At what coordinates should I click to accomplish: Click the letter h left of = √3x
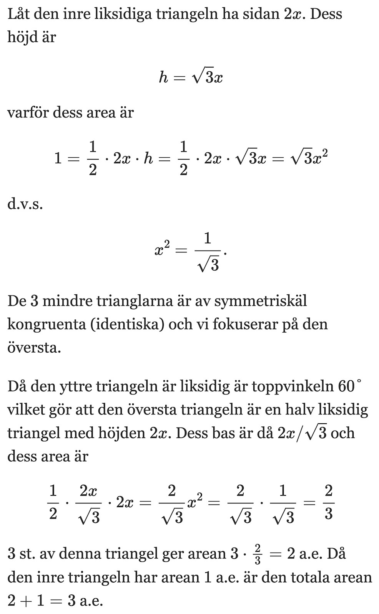tap(163, 78)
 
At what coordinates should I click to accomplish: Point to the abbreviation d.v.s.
tap(25, 203)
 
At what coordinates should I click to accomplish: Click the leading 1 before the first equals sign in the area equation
tap(58, 158)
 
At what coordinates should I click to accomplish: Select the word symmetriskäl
tap(261, 301)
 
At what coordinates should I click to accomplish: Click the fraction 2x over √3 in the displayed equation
tap(88, 503)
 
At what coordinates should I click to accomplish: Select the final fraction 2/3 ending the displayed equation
tap(328, 503)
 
